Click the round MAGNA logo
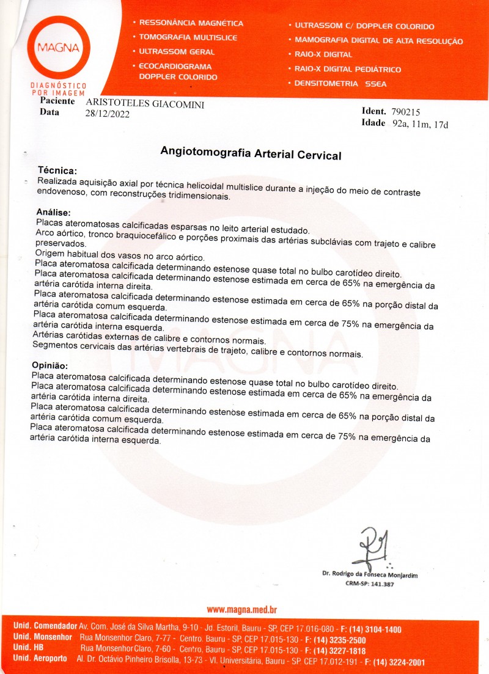click(62, 46)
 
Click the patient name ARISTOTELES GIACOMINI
click(145, 104)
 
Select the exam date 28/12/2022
click(108, 114)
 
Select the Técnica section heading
click(57, 171)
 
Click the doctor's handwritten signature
click(371, 547)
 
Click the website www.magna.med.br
click(243, 609)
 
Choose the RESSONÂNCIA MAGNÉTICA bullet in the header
click(191, 23)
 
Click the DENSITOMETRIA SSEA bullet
click(340, 84)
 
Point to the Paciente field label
click(57, 101)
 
